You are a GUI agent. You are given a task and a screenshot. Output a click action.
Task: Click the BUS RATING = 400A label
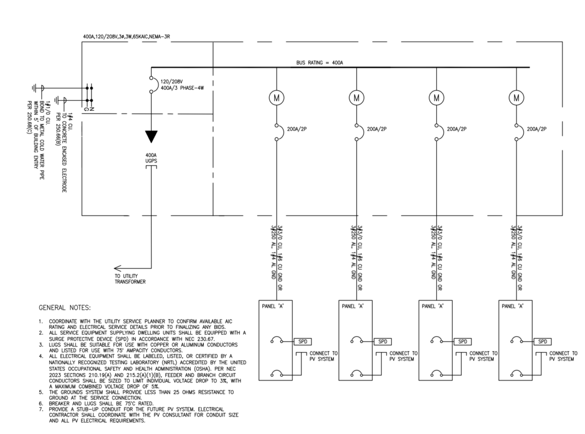tap(319, 62)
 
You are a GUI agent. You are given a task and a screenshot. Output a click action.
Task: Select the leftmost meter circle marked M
tap(277, 98)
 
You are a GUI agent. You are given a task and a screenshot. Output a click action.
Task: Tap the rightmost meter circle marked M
tap(516, 98)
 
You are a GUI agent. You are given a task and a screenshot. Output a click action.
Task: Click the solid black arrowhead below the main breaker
tap(151, 136)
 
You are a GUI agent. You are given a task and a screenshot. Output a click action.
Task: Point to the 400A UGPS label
tap(151, 158)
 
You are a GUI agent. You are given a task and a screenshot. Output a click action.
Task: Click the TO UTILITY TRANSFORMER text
tap(130, 279)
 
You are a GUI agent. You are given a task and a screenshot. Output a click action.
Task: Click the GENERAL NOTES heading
tap(65, 308)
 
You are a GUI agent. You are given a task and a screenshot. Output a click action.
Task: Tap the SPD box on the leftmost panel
tap(303, 341)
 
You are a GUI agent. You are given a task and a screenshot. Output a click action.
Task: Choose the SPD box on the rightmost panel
tap(542, 341)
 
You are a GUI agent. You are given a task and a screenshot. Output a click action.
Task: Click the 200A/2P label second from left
tap(377, 129)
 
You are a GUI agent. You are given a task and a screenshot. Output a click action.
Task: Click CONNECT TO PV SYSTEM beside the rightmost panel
tap(563, 356)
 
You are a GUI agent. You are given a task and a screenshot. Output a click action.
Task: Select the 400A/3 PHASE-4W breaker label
tap(182, 88)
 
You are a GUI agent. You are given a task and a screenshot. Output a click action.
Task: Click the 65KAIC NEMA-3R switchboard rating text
tap(149, 36)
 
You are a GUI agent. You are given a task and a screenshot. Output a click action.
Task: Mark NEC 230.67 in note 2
tap(200, 339)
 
